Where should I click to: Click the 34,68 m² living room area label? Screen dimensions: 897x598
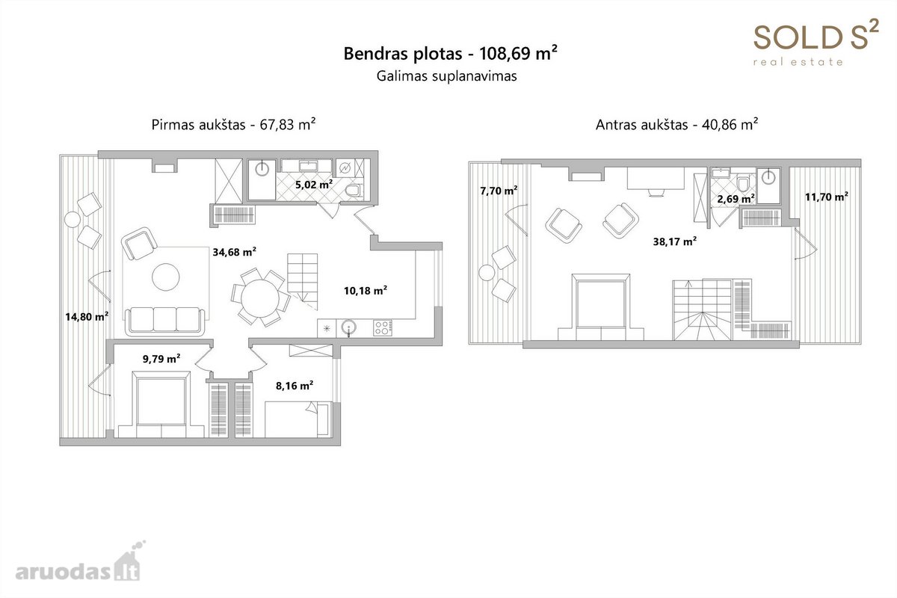(234, 252)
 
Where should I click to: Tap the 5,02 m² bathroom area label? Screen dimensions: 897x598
(314, 185)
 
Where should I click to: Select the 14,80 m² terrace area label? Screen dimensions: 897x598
(87, 317)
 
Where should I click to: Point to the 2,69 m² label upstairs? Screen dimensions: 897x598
(736, 199)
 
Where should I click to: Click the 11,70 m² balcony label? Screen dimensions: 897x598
(827, 197)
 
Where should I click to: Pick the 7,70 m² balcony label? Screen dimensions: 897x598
(499, 191)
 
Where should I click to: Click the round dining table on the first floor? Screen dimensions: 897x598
(260, 298)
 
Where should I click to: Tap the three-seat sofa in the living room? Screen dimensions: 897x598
(165, 321)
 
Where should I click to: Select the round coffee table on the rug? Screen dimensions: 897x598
(166, 277)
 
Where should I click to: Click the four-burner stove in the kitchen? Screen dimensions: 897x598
(383, 328)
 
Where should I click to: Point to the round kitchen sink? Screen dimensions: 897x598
(349, 327)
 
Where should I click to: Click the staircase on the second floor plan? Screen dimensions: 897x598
(703, 309)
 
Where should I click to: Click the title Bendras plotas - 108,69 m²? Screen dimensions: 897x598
(450, 53)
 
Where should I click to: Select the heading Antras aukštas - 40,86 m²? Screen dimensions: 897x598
(676, 125)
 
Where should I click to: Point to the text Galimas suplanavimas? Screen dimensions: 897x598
(446, 76)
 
